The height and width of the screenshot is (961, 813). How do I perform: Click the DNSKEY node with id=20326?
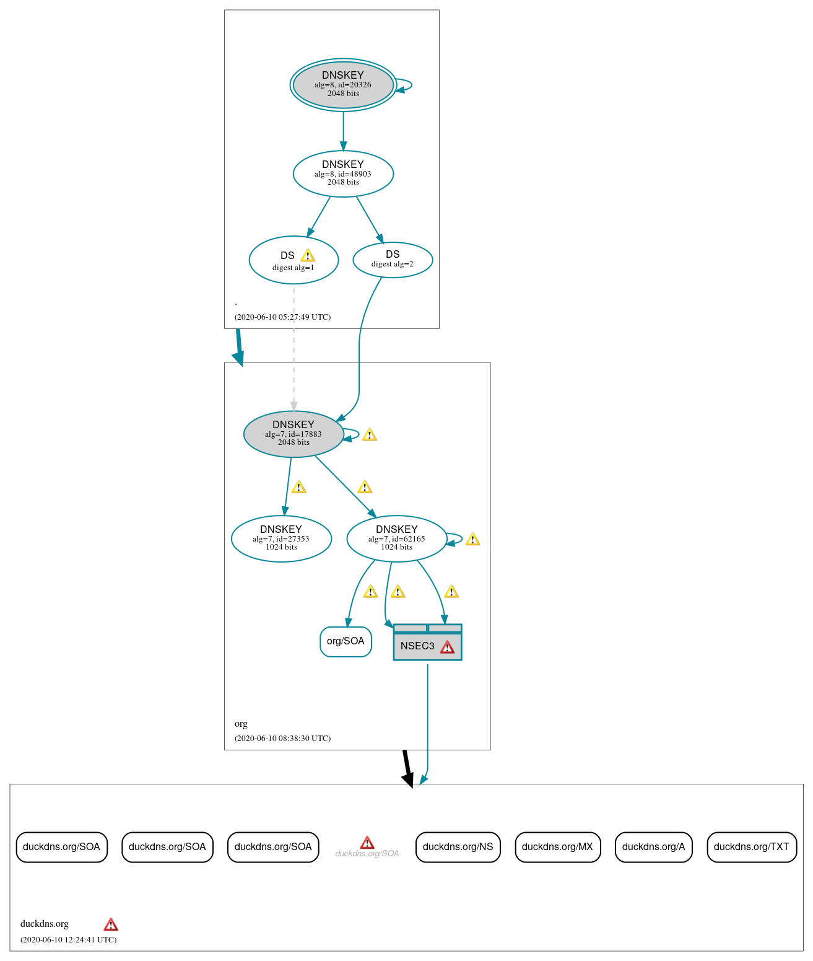343,85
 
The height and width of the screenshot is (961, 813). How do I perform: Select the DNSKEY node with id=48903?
343,173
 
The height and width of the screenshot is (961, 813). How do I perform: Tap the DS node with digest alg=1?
293,260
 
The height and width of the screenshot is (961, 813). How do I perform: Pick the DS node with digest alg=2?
393,260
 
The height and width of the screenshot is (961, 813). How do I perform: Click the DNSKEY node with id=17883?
293,434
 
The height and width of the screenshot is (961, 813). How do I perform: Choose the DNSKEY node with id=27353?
281,538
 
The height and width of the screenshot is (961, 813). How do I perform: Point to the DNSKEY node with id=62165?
396,538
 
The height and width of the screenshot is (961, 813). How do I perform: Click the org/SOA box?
346,641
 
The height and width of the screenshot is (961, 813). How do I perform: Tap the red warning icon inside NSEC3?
447,647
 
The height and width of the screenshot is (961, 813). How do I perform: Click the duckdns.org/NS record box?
458,847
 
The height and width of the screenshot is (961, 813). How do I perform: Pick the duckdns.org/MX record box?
557,847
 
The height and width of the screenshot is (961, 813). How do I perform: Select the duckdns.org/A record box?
653,847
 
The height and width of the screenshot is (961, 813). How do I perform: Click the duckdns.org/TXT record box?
751,847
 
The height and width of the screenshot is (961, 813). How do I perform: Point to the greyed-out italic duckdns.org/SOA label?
367,854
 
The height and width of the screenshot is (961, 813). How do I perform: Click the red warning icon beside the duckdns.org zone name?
111,925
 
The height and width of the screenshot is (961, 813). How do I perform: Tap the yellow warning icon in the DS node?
308,256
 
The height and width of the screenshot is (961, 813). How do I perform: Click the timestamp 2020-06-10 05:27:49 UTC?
282,317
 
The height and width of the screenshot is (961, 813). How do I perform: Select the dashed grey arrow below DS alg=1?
293,347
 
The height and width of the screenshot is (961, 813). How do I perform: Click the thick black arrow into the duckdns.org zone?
406,768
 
